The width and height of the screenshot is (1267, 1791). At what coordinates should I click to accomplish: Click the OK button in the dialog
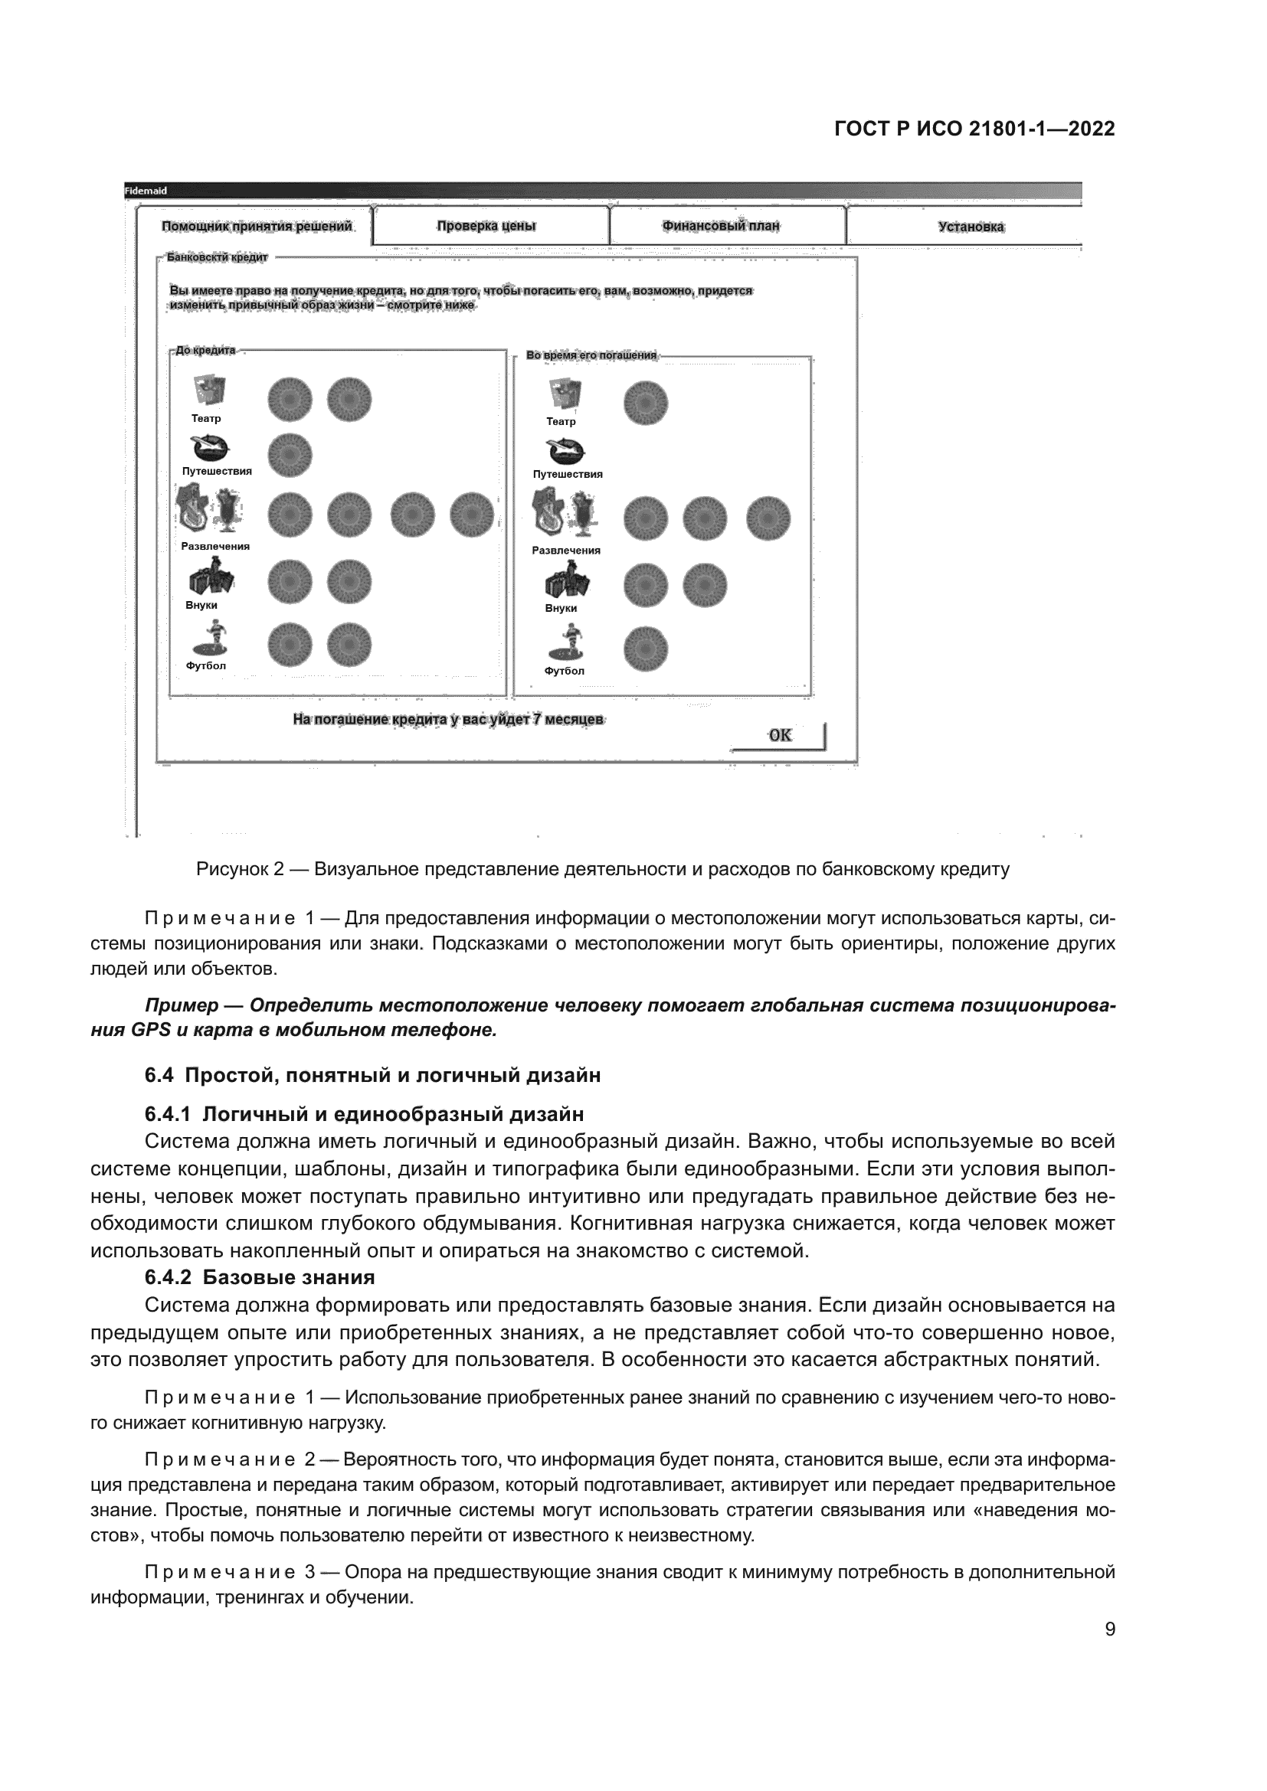(778, 736)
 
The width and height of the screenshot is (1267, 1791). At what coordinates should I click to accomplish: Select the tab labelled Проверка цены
(486, 226)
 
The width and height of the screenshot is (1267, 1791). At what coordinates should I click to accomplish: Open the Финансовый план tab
(721, 226)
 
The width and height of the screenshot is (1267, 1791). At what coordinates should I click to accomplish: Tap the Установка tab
(971, 227)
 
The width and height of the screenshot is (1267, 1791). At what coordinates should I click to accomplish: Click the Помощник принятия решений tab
(257, 226)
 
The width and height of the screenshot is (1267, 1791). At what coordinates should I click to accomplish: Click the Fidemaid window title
(146, 191)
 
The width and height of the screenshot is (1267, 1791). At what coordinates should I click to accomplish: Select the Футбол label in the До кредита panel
(206, 665)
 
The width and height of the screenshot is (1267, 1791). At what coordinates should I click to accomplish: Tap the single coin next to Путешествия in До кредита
(290, 455)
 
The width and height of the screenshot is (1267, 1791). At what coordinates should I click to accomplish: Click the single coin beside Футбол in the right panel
(646, 649)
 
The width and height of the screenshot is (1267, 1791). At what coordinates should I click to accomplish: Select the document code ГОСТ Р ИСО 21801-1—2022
(974, 129)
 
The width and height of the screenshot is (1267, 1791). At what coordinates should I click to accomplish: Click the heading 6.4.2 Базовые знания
(260, 1277)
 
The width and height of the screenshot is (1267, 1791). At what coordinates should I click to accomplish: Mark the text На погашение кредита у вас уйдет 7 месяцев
(448, 719)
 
